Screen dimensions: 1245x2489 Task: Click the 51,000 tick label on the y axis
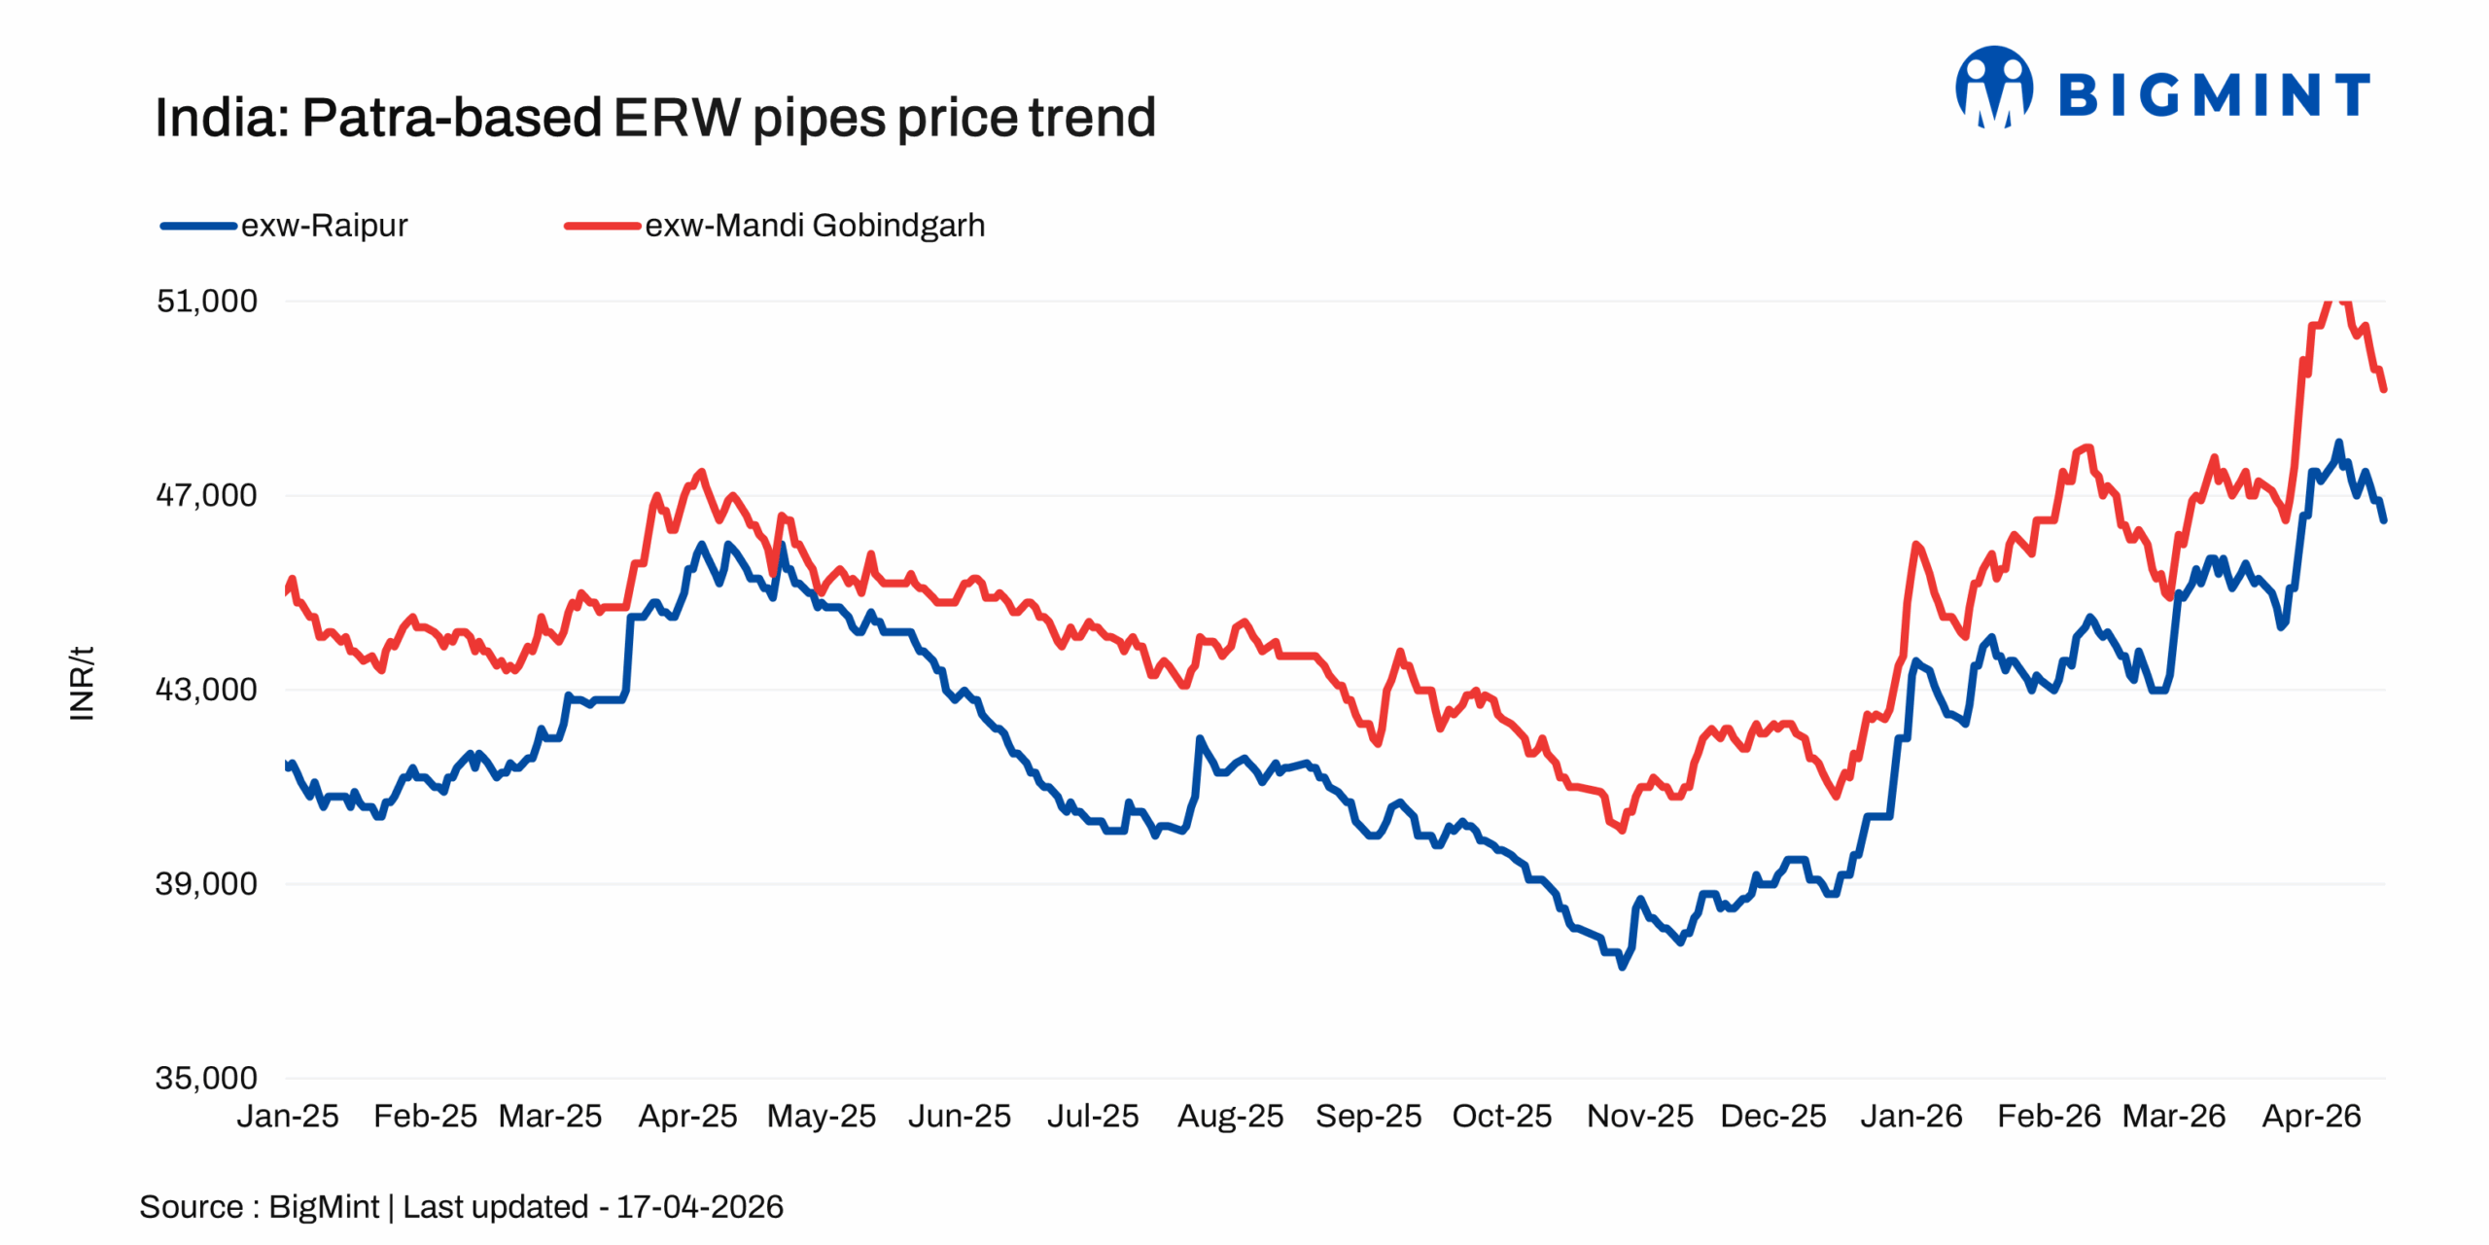(206, 301)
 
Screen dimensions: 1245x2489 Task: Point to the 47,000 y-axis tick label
(206, 495)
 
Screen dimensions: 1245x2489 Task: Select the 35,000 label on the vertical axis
(206, 1078)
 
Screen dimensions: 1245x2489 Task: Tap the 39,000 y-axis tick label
(206, 883)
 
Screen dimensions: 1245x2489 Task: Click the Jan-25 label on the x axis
(288, 1116)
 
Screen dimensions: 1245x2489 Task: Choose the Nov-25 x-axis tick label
(1639, 1116)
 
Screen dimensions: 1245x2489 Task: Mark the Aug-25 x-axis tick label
(1230, 1116)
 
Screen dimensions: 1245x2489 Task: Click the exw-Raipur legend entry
(324, 226)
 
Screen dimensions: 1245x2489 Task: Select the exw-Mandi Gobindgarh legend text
(815, 226)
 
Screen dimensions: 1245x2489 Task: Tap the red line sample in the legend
(602, 226)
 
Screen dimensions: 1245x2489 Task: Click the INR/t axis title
(83, 683)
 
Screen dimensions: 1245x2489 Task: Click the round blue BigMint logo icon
(1993, 88)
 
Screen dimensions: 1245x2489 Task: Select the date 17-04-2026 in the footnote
(699, 1206)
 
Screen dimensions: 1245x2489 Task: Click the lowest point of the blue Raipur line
(1622, 967)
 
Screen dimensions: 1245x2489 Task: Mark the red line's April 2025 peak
(701, 472)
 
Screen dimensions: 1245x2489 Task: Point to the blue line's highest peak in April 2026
(2338, 443)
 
